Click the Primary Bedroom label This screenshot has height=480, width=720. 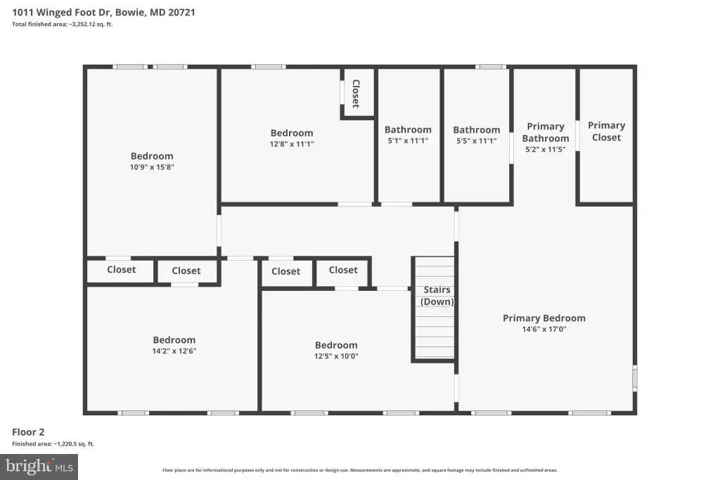[x=544, y=318]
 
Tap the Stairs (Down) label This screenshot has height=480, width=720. [x=437, y=296]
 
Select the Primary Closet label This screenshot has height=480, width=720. [x=606, y=131]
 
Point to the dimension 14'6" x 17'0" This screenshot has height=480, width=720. [x=544, y=329]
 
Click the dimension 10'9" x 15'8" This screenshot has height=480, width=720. [x=152, y=167]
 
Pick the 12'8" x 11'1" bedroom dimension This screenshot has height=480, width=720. [x=292, y=143]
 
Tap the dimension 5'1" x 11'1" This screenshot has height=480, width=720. [x=408, y=141]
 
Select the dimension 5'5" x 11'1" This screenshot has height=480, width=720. [x=477, y=141]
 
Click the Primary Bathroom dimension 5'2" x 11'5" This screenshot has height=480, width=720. [x=546, y=149]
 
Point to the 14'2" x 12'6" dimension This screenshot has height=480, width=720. [x=174, y=351]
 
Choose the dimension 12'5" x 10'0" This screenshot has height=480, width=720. [x=336, y=356]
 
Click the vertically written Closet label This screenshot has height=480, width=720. [x=356, y=93]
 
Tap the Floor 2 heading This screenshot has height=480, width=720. [x=28, y=432]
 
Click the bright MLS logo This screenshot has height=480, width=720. [x=39, y=467]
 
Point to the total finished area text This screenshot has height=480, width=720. [x=63, y=25]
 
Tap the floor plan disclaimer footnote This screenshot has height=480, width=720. [x=360, y=470]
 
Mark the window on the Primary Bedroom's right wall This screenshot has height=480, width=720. [x=635, y=378]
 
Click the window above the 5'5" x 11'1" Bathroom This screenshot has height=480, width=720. [x=490, y=67]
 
